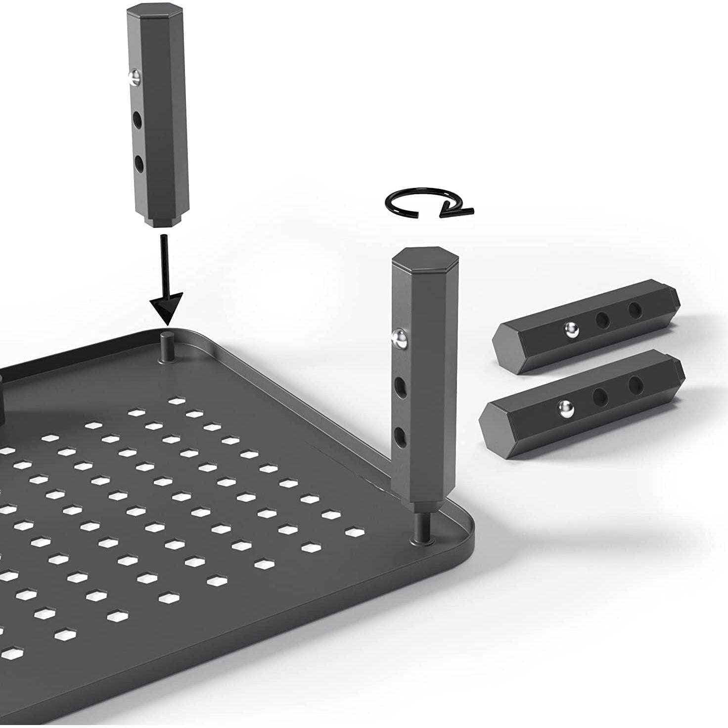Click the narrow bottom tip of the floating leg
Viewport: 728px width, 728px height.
tap(165, 221)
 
